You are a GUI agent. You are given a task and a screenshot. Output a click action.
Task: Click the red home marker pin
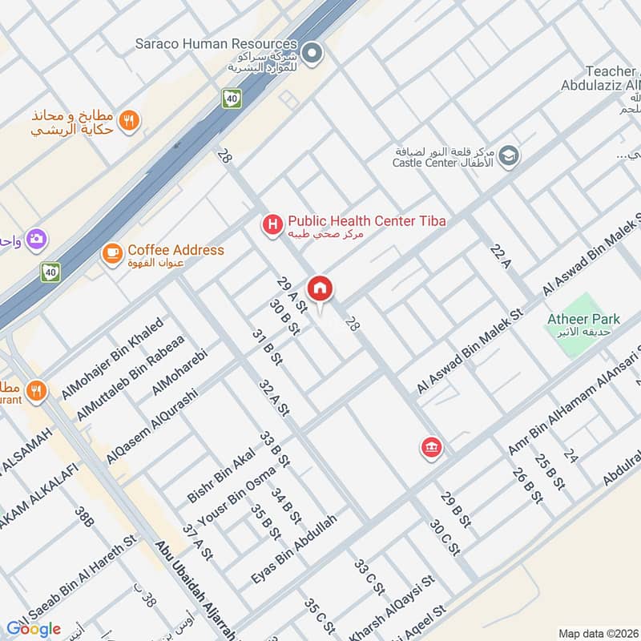pos(320,289)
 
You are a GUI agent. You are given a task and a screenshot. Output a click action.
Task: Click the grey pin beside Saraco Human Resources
pos(313,54)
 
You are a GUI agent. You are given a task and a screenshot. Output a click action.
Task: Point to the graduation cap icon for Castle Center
pos(506,157)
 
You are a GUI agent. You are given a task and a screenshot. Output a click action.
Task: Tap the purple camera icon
pos(36,239)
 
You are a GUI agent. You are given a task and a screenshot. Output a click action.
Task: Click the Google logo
pos(34,628)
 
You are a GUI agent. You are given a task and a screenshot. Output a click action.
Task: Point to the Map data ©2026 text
pos(598,633)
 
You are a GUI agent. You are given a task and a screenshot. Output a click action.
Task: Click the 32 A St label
pos(274,397)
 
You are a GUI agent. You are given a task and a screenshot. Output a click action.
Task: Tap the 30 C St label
pos(444,537)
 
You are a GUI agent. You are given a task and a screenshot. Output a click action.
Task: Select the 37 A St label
pos(196,542)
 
